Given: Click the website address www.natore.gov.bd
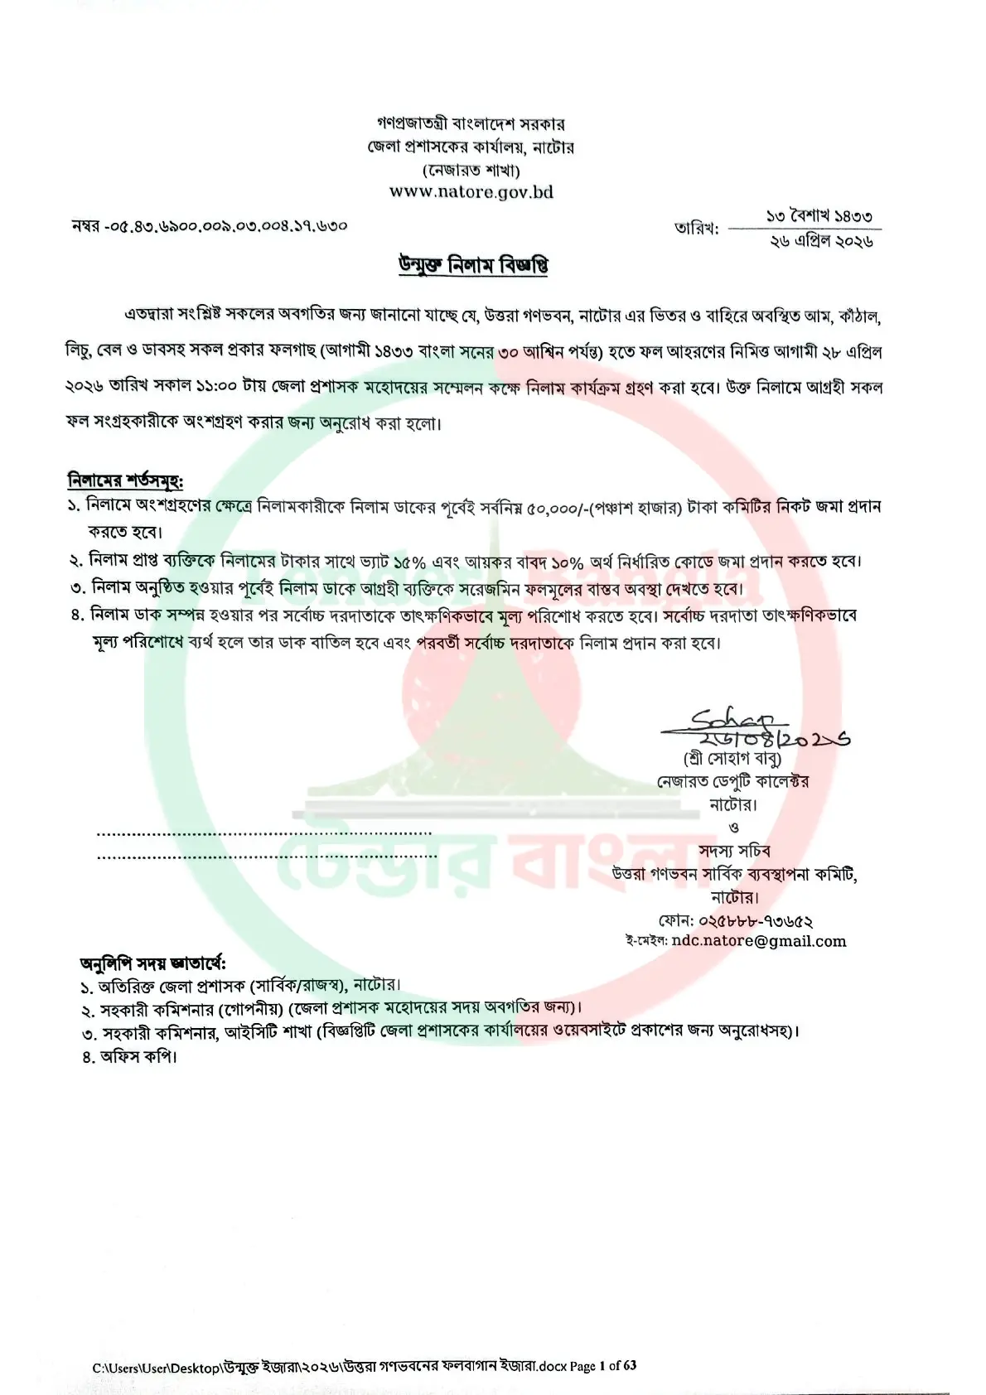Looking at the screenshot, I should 471,192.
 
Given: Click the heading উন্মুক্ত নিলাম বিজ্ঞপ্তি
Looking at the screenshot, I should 473,266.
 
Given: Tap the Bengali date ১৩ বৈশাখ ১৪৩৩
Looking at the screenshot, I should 819,216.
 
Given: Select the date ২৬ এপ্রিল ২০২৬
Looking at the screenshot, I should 821,241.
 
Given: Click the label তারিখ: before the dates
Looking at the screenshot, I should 696,229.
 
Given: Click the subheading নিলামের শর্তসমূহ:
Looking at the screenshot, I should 125,480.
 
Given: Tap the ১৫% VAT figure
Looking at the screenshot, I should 409,562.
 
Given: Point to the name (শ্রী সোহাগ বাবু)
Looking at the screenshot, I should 732,758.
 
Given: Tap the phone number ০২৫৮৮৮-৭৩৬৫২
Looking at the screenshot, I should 756,920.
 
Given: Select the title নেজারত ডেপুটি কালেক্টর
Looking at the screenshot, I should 733,781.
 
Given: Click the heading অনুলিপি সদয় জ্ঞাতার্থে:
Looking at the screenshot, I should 152,963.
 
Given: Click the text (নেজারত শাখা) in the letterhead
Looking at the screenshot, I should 471,171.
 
